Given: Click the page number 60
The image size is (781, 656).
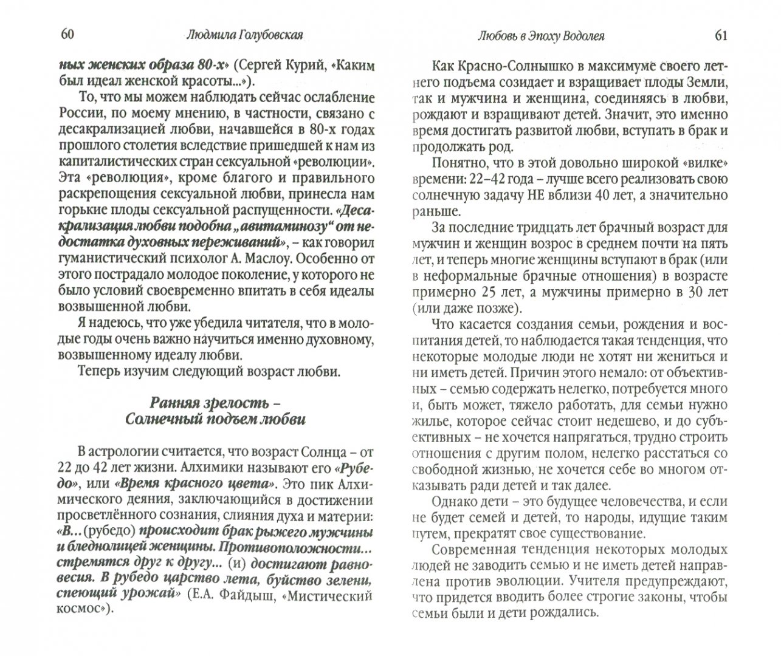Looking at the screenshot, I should pos(67,35).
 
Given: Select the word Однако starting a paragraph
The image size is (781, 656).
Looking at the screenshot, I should pos(455,501).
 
